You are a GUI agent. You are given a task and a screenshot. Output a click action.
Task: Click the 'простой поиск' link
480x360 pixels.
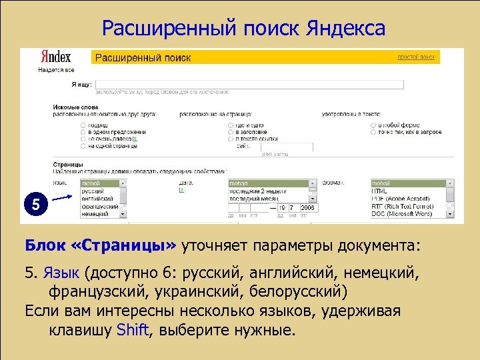416,58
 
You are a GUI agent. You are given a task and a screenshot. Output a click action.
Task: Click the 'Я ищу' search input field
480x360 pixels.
250,85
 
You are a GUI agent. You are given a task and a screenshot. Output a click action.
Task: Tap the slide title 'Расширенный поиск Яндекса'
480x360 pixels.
243,28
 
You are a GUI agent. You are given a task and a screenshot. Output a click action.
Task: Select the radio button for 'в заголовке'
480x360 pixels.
231,132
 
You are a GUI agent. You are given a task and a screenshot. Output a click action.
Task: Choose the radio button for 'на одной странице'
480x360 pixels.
83,145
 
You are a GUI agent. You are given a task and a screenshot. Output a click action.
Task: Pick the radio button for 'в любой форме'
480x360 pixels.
373,125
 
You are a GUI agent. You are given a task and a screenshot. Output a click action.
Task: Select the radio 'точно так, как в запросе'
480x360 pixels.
373,132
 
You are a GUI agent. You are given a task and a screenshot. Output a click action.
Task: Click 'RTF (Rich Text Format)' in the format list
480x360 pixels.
407,206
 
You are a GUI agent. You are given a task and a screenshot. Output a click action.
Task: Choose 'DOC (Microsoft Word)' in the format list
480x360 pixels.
407,213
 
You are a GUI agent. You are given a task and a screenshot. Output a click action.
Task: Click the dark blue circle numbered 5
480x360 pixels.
36,205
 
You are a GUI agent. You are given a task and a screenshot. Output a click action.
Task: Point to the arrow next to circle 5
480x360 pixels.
62,197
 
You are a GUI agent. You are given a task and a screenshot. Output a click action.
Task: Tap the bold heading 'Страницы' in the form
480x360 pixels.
69,164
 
